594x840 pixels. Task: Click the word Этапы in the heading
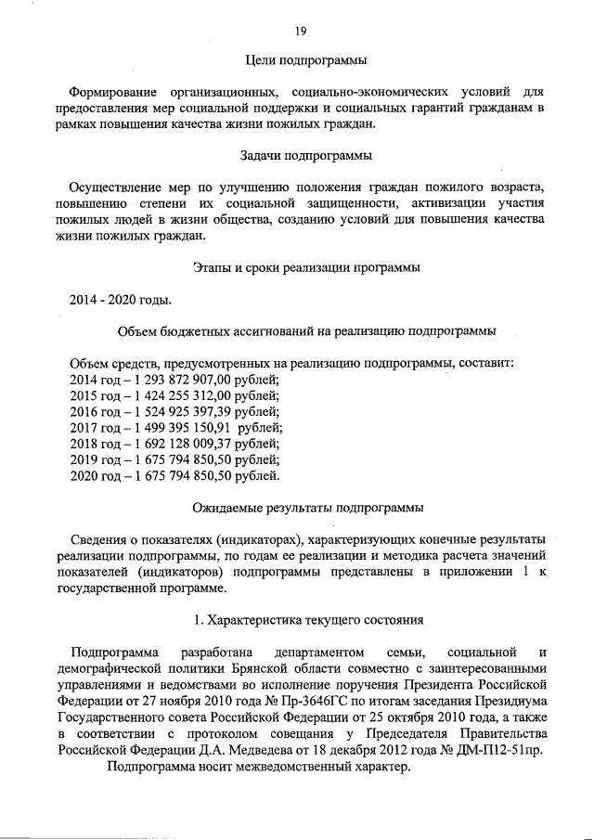tap(213, 268)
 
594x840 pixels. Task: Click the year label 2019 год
tap(97, 459)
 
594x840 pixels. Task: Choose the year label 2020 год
tap(97, 476)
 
